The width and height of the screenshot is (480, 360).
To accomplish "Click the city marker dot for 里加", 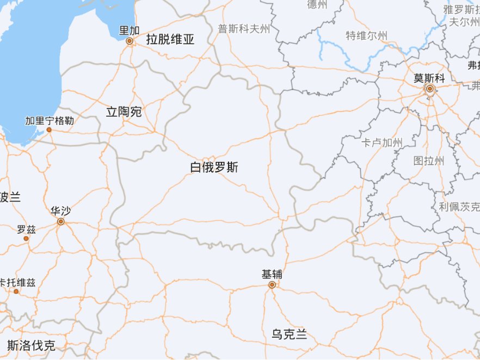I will [x=130, y=41].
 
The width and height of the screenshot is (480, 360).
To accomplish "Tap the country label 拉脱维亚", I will [x=170, y=39].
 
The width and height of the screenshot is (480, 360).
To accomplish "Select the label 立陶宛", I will [x=124, y=112].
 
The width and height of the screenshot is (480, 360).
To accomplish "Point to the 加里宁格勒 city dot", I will [x=49, y=129].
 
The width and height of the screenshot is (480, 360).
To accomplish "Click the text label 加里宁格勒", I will [x=50, y=120].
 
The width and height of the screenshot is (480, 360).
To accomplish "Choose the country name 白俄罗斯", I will [x=214, y=167].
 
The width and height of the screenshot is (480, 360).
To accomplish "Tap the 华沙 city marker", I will [x=61, y=221].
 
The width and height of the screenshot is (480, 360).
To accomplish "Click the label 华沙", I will [x=60, y=211].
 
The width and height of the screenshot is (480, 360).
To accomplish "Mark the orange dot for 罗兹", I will [x=26, y=238].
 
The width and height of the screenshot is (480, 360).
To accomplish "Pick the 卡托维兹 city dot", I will [x=16, y=291].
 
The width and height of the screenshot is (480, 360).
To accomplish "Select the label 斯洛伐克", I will [x=31, y=345].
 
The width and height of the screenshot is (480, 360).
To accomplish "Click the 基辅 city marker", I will [x=272, y=284].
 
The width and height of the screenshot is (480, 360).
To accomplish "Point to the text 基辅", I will [x=272, y=275].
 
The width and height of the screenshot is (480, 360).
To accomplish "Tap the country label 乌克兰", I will [x=290, y=334].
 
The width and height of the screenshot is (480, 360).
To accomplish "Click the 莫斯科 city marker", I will [x=429, y=88].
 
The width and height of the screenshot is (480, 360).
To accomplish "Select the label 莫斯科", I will [x=429, y=78].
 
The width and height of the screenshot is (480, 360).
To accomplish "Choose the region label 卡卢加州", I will [x=382, y=143].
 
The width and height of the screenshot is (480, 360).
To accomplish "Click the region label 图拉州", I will [x=428, y=160].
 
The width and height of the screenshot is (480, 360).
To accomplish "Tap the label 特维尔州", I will [x=367, y=36].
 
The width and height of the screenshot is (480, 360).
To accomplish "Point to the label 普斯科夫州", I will [x=244, y=29].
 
